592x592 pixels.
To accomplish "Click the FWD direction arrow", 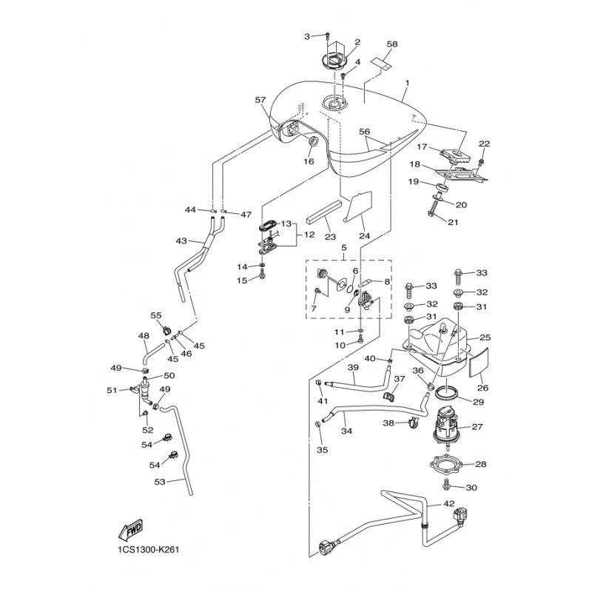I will click(130, 531).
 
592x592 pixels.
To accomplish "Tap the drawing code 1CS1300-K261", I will click(149, 550).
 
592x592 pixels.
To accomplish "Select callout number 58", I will click(391, 44).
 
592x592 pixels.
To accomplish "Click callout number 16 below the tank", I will click(309, 161).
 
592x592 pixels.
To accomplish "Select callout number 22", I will click(485, 143).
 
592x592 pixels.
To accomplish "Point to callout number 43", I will click(181, 240).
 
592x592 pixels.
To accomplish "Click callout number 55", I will click(156, 314).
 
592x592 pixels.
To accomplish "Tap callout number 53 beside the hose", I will click(161, 481).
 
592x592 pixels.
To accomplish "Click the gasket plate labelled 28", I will click(448, 464).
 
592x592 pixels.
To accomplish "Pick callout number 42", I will click(450, 504).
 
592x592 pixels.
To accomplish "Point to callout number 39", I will click(353, 368).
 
